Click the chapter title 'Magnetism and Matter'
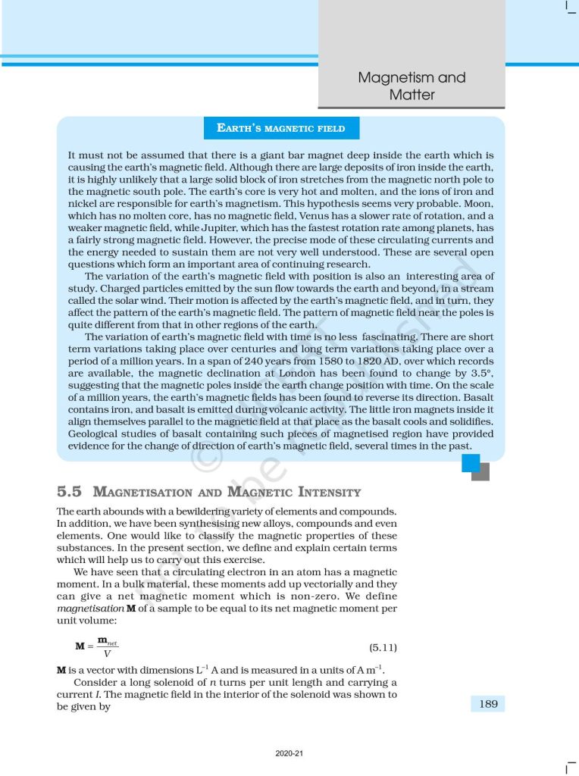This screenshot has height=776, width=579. [x=412, y=86]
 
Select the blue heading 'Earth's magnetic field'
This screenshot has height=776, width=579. [x=281, y=128]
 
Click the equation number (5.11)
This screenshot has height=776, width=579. [x=383, y=648]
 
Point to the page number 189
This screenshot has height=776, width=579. [x=488, y=704]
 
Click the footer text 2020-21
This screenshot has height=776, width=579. [x=289, y=754]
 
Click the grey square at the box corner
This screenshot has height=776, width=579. [x=480, y=472]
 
